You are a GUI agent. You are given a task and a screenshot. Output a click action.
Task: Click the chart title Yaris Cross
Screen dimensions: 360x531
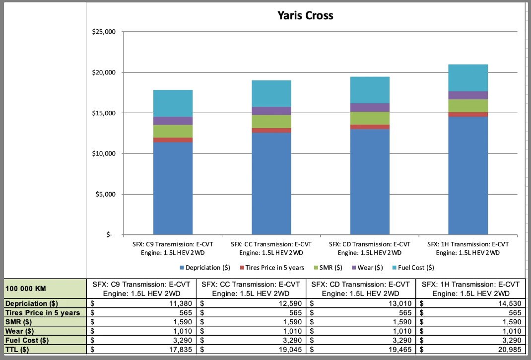[x=305, y=15]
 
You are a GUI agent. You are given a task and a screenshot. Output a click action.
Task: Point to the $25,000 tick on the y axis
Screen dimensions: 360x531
[x=105, y=32]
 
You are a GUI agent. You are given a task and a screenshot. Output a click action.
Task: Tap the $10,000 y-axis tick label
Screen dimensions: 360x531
[x=105, y=153]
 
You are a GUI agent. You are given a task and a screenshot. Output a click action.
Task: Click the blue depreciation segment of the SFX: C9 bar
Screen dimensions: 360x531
[x=173, y=189]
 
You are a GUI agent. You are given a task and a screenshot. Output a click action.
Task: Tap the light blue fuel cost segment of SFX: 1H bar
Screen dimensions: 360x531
[x=468, y=78]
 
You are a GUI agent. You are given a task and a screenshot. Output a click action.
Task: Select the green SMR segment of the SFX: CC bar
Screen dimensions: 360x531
[x=271, y=122]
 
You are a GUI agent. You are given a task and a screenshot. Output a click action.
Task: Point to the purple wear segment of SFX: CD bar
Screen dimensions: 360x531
[x=370, y=108]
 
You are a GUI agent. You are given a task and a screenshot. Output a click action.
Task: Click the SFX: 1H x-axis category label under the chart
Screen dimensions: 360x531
[x=468, y=248]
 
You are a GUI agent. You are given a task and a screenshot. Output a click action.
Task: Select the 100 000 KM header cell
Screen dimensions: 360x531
[x=44, y=288]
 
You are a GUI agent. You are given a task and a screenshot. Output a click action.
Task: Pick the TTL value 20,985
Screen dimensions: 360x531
[x=507, y=350]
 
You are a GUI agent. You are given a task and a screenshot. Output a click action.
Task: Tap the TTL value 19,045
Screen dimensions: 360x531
[x=286, y=350]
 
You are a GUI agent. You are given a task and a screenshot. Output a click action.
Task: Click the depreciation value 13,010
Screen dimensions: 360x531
[x=398, y=303]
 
